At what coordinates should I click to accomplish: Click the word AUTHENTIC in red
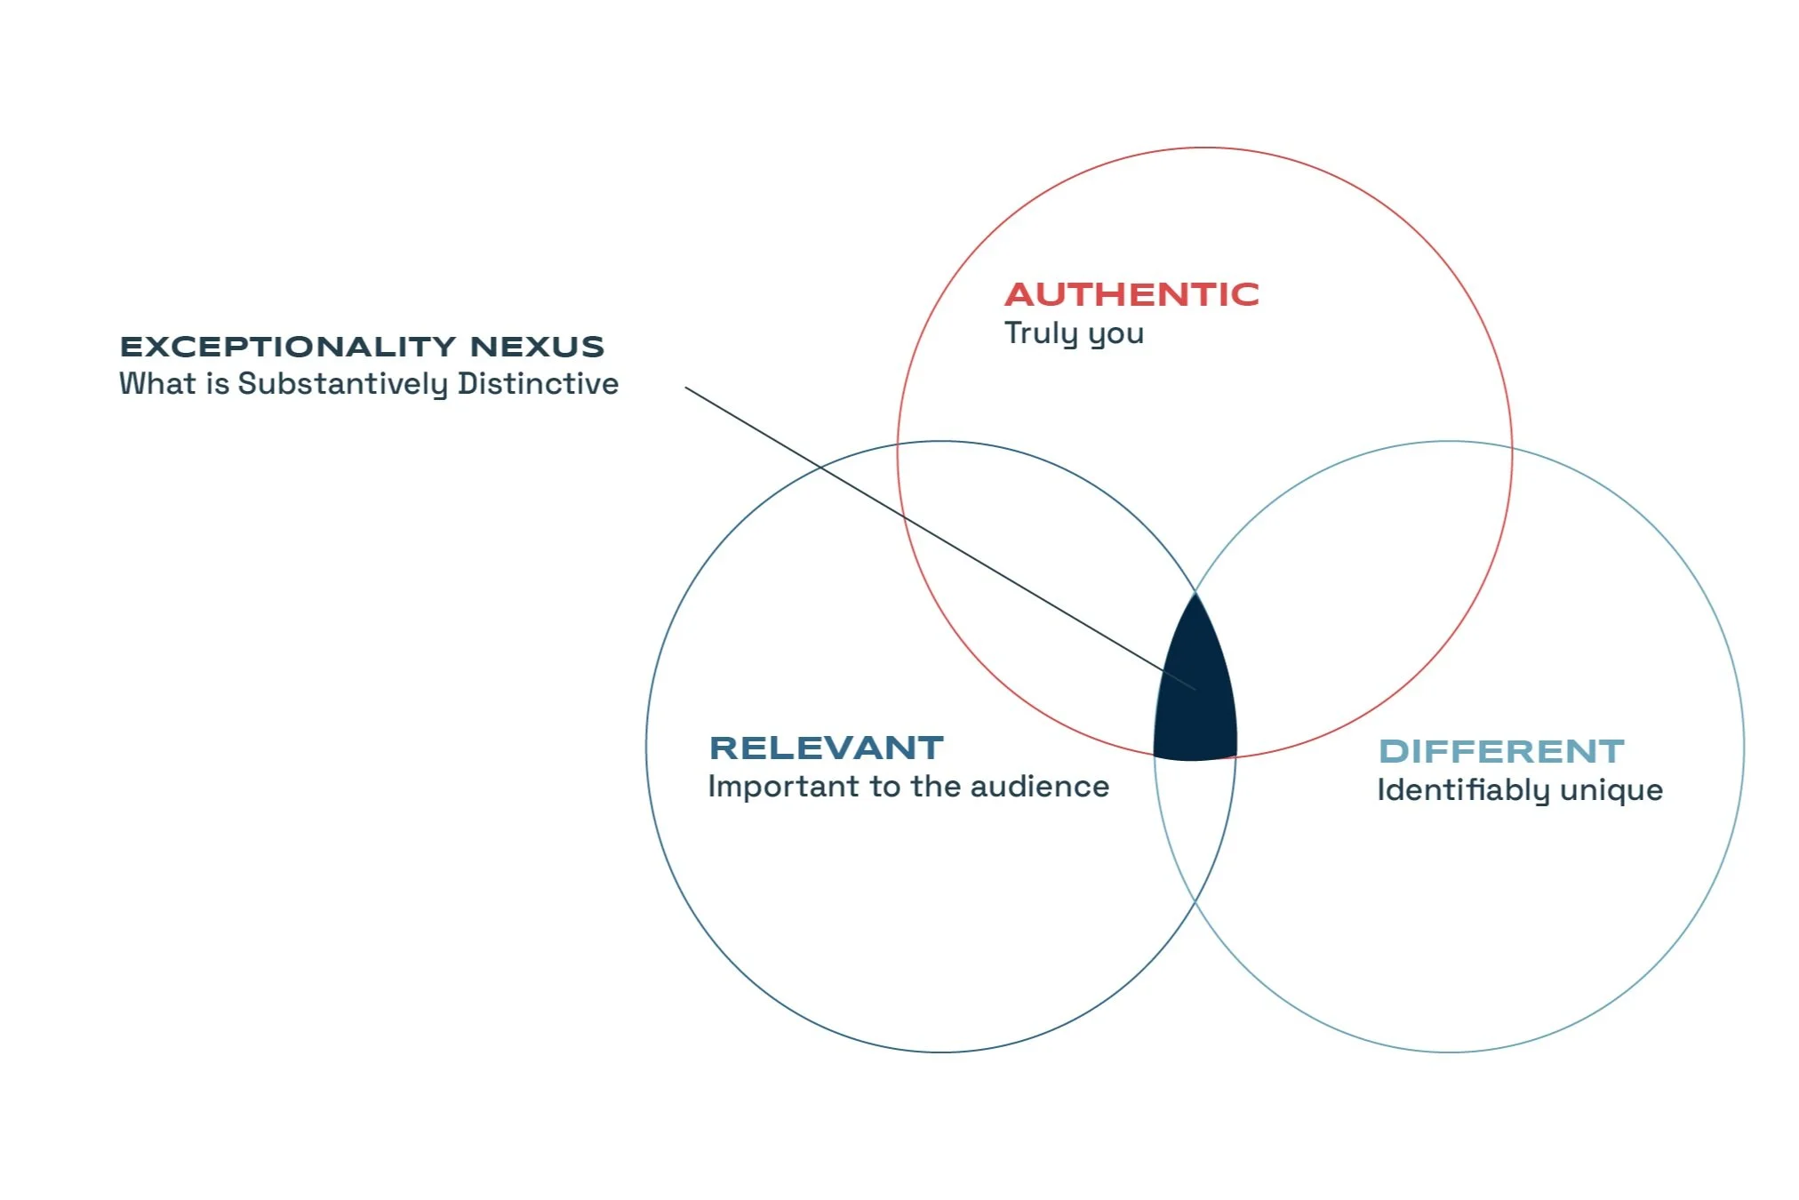1131,294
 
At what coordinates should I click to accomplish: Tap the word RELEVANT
826,748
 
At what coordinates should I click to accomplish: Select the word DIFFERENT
1501,752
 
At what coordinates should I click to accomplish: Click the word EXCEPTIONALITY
289,347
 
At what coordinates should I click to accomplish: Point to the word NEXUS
537,347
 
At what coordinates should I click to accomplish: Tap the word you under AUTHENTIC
1116,335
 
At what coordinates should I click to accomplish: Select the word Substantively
343,384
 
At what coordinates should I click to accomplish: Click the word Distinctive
538,384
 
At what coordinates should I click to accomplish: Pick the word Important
783,787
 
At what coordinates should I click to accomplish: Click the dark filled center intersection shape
1195,702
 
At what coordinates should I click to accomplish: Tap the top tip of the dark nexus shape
1195,597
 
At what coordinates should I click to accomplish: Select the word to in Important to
885,787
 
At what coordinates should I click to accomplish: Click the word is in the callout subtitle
218,384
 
